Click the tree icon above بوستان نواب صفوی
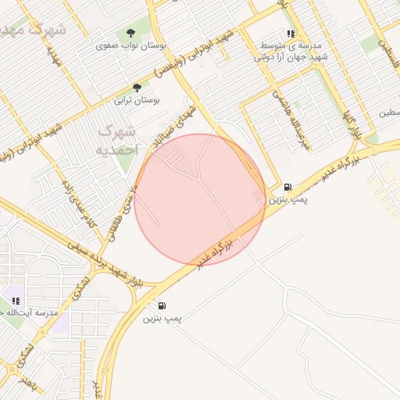click(x=130, y=34)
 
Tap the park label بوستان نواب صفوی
click(x=130, y=46)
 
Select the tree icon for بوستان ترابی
click(x=137, y=87)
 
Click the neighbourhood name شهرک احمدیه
click(x=117, y=139)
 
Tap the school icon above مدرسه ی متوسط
click(x=291, y=34)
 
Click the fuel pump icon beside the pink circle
click(x=288, y=187)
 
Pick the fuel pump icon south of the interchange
click(x=162, y=305)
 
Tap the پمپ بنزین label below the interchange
click(x=162, y=319)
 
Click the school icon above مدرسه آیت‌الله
click(x=16, y=300)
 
